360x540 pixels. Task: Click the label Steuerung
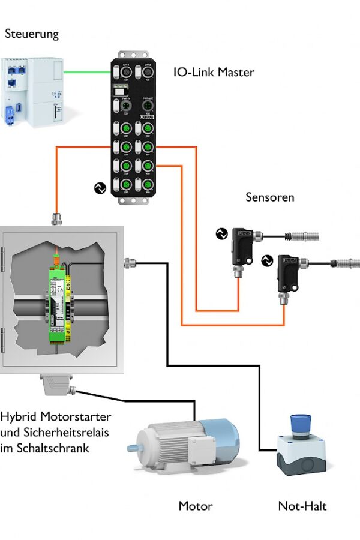tap(32, 34)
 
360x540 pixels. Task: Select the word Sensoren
tap(269, 197)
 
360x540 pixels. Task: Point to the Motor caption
tap(195, 506)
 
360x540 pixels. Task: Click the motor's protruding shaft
tap(133, 447)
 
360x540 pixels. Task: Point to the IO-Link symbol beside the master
tap(100, 188)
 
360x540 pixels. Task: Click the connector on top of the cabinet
tap(58, 218)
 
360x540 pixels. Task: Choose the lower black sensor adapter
tap(290, 272)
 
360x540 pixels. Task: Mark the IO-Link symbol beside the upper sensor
tap(220, 233)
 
